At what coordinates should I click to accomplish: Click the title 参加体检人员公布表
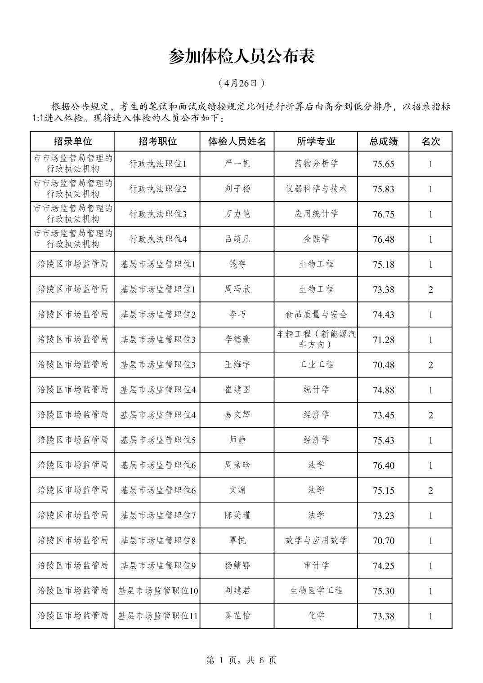point(241,57)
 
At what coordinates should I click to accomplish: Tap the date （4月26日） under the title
point(241,83)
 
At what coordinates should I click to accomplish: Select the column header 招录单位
point(73,142)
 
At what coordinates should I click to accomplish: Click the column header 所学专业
point(316,142)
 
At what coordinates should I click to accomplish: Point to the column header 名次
point(430,142)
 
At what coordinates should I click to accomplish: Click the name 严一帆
point(237,164)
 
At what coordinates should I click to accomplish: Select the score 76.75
point(383,214)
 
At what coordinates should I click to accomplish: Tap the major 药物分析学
point(316,164)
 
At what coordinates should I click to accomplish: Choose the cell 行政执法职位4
point(157,239)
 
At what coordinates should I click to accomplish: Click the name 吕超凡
point(237,239)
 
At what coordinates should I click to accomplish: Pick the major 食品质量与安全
point(316,315)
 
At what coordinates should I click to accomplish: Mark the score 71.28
point(383,340)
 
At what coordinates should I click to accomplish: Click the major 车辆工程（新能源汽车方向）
point(316,339)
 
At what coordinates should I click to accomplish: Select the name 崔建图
point(237,390)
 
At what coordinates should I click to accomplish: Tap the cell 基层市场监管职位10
point(157,591)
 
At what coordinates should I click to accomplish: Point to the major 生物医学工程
point(316,591)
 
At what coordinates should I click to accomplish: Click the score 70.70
point(383,541)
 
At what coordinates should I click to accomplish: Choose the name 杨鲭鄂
point(237,566)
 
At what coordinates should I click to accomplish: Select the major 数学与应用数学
point(316,541)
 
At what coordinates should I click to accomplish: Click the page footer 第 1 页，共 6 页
point(241,660)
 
